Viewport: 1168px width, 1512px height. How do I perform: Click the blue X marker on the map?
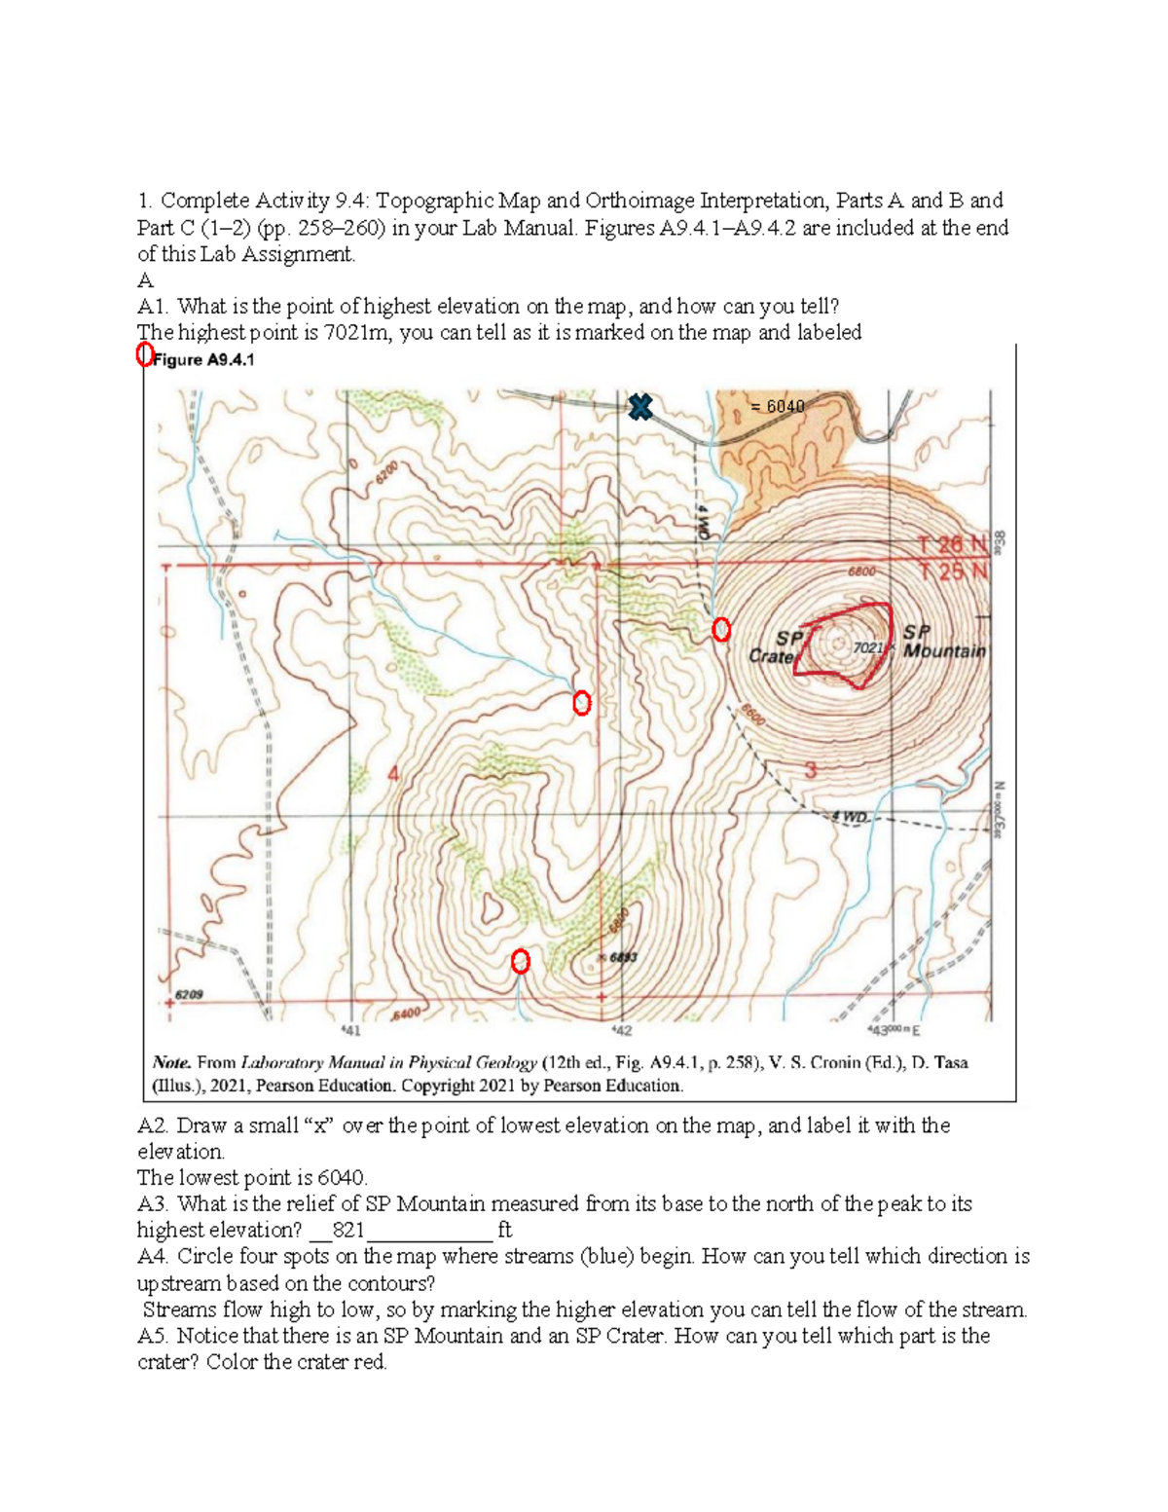coord(639,407)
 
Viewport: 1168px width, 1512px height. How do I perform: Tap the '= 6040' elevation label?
coord(777,406)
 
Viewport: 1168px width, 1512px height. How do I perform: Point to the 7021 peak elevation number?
coord(867,647)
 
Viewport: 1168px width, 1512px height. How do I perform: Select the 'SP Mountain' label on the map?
coord(943,642)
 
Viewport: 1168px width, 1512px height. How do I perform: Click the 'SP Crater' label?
coord(776,646)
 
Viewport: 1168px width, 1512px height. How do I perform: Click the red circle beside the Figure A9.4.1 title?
coord(145,354)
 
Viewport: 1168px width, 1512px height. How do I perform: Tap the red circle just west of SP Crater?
coord(721,630)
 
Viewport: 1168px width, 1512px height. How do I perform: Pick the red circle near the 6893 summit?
coord(521,962)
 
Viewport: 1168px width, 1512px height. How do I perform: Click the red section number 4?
coord(393,774)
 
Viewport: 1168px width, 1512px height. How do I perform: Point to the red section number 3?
coord(810,771)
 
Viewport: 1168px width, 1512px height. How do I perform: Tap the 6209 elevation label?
coord(189,995)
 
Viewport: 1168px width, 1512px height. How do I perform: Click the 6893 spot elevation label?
coord(623,958)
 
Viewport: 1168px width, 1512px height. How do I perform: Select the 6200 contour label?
coord(385,473)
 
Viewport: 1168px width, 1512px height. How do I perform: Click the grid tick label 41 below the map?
coord(350,1030)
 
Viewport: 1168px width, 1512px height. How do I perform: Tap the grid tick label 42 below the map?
coord(621,1030)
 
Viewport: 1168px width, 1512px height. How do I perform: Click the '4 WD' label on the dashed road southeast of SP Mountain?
coord(849,816)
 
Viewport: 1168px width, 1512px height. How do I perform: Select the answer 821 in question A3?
coord(347,1230)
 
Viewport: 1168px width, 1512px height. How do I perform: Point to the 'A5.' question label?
coord(154,1336)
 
